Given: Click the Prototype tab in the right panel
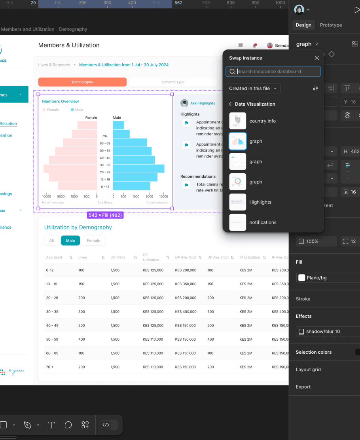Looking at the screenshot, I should (331, 25).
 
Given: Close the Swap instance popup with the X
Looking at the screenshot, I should (316, 58).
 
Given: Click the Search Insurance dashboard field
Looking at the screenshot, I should (277, 72).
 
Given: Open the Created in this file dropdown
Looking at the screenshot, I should (253, 88).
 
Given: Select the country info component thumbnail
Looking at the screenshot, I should (238, 121).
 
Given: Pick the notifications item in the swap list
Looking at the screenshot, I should (262, 222).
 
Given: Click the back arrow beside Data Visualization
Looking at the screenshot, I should (230, 104).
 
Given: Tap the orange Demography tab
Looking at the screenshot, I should (82, 82).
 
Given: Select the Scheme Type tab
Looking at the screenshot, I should (173, 82).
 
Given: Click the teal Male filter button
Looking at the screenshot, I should (70, 241).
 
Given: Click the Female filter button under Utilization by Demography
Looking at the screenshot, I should (93, 241).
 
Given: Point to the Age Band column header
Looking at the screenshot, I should (54, 257).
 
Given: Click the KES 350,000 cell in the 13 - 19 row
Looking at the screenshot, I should (186, 284).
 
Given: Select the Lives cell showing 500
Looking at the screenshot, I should (81, 326).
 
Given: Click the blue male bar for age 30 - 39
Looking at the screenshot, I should (138, 169).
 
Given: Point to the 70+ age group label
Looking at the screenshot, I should (105, 136).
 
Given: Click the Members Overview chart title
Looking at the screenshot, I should (61, 101).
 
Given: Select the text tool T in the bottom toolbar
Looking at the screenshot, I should (51, 425).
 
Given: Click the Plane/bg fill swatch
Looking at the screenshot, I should (301, 278).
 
